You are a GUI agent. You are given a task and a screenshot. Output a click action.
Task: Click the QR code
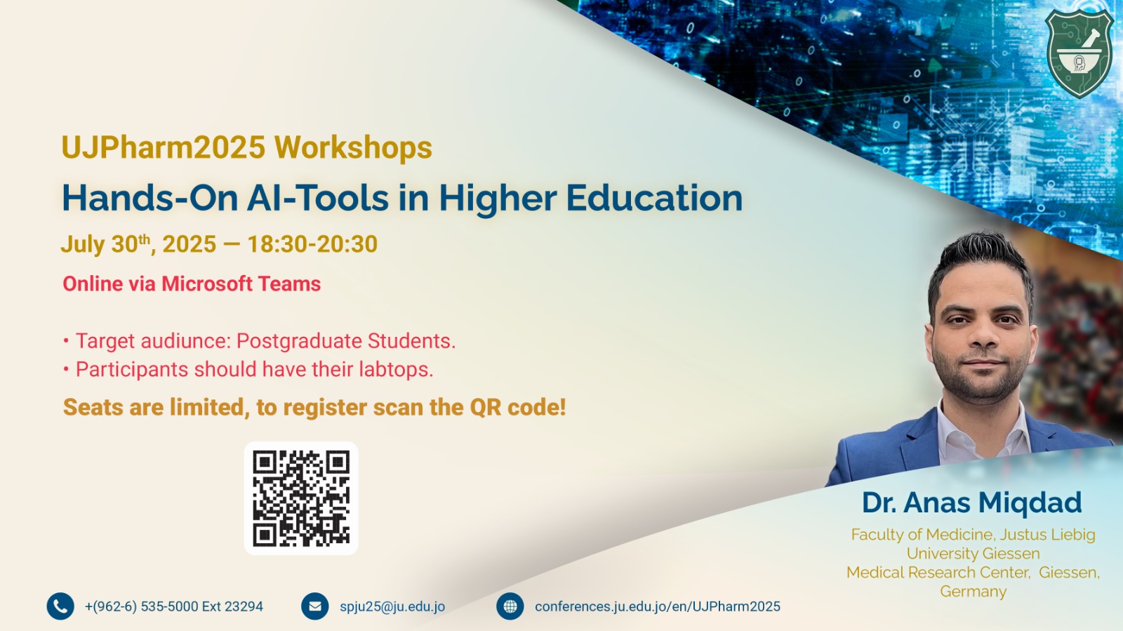301,498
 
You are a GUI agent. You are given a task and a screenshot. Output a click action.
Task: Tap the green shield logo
1079,53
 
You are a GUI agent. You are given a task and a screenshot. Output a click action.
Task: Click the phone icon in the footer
60,606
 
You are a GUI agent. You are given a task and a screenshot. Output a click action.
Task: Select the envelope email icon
315,606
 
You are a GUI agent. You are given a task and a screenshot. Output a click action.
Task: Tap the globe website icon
510,606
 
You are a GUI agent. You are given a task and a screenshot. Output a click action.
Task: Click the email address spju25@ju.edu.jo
392,606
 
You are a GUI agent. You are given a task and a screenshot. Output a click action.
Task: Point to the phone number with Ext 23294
173,606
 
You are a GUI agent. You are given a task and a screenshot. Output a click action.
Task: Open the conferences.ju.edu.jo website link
657,606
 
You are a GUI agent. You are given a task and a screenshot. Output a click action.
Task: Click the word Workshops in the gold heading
353,147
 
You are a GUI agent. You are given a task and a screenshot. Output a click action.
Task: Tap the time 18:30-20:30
312,244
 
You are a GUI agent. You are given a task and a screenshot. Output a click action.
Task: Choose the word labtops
396,369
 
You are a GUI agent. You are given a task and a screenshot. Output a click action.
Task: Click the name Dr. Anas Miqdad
971,503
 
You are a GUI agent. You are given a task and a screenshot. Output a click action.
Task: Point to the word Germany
973,592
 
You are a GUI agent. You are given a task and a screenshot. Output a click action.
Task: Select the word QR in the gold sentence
485,408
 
